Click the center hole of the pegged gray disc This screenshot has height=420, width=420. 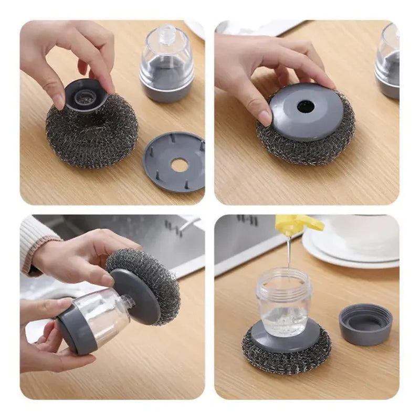[x=179, y=165]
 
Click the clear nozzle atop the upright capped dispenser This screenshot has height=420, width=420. [x=166, y=32]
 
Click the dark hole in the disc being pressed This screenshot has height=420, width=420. [x=305, y=107]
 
